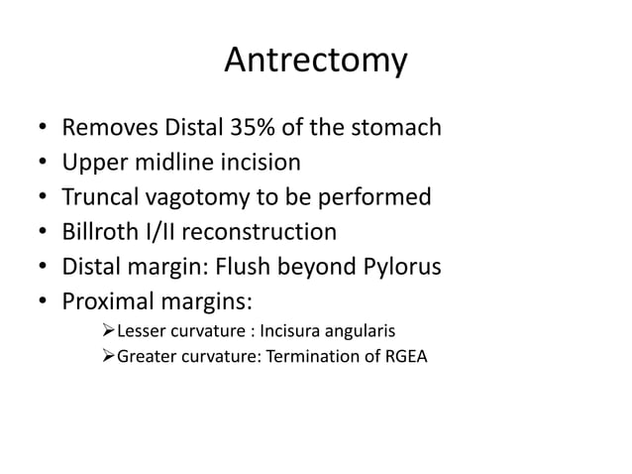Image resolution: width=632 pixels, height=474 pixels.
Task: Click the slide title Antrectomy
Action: [x=315, y=61]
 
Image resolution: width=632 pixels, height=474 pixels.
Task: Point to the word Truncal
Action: [x=98, y=197]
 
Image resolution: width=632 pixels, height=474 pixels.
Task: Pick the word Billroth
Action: [x=97, y=232]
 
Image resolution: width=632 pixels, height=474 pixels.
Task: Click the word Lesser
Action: [x=139, y=330]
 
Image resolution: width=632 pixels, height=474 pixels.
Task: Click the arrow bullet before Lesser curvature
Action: [x=108, y=330]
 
